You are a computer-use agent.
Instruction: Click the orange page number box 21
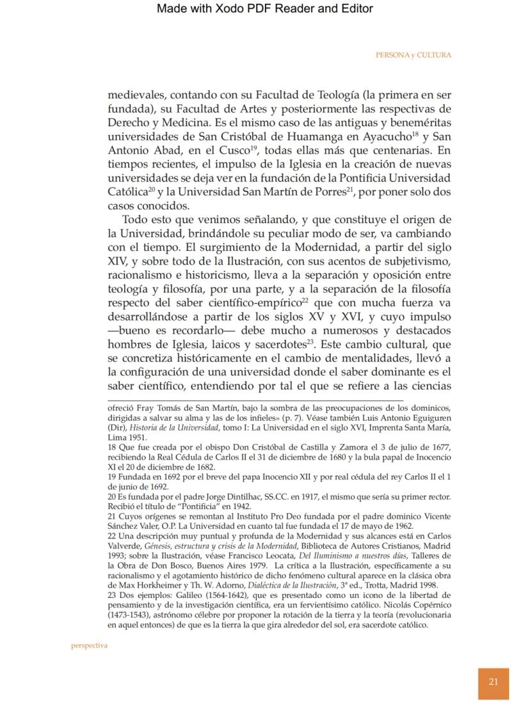pyautogui.click(x=494, y=681)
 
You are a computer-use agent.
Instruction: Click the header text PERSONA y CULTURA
pyautogui.click(x=413, y=55)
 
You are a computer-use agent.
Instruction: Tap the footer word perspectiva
pyautogui.click(x=89, y=645)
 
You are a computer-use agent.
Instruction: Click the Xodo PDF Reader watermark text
pyautogui.click(x=264, y=8)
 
